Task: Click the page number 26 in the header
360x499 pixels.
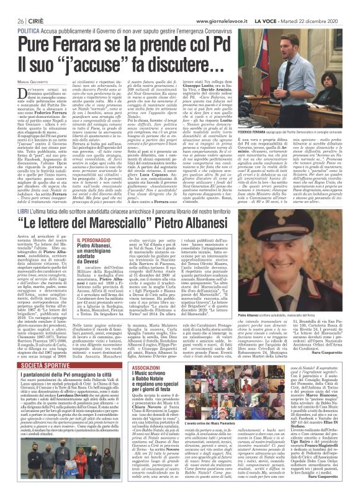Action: (10, 6)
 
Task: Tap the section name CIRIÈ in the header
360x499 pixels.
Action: (32, 6)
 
